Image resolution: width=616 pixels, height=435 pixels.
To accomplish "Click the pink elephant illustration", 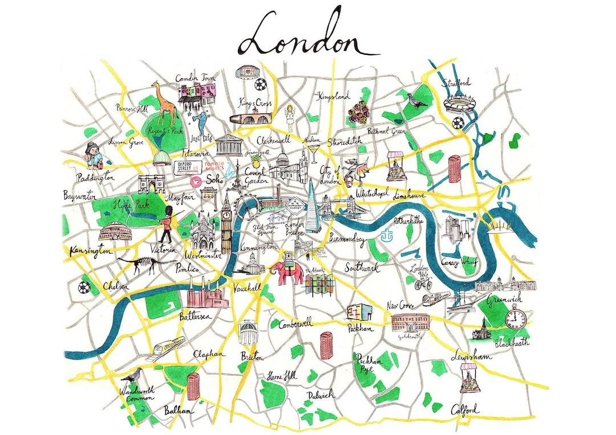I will tap(285, 272).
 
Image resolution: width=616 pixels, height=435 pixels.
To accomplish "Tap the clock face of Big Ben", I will tap(226, 216).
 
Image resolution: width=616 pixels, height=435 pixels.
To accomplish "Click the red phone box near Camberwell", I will tap(327, 345).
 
